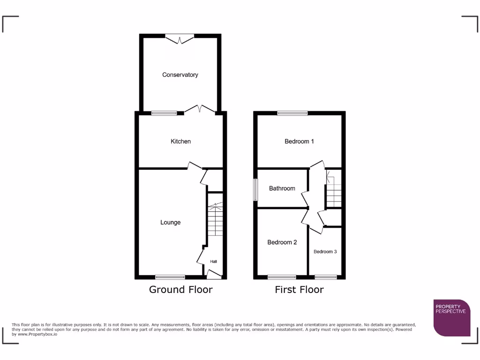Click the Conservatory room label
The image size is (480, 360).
point(180,75)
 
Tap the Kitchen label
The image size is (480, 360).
point(180,141)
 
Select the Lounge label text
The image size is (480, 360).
point(170,222)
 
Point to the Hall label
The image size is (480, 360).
point(213,262)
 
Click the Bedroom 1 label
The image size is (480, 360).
point(299,141)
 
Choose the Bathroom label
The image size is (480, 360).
point(282,188)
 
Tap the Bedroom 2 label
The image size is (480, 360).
point(282,242)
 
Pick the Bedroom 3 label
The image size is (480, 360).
point(325,252)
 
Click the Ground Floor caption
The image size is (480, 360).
point(180,289)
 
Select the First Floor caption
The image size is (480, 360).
point(299,289)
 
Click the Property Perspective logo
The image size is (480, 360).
point(451,317)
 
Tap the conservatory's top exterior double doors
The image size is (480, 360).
point(180,38)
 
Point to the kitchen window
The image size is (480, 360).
point(164,113)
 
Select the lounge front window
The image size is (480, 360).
point(170,277)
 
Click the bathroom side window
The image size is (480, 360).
point(255,189)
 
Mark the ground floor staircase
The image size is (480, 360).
point(214,220)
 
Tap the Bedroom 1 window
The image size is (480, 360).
point(292,113)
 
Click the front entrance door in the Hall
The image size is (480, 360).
point(214,274)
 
